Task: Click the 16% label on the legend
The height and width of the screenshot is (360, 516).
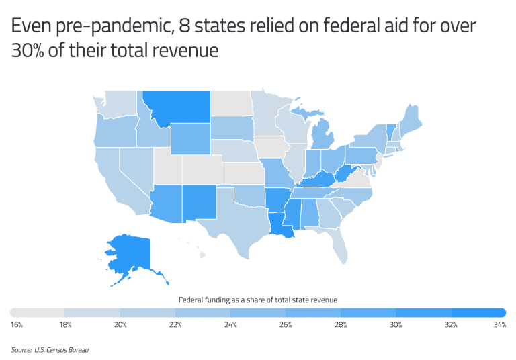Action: pos(17,325)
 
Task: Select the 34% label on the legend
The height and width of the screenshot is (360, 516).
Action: pos(499,325)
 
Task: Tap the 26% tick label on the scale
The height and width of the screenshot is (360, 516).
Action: pos(286,325)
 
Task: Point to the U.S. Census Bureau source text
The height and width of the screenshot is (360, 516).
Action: pos(50,350)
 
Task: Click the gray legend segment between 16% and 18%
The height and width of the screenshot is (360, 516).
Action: pos(38,312)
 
